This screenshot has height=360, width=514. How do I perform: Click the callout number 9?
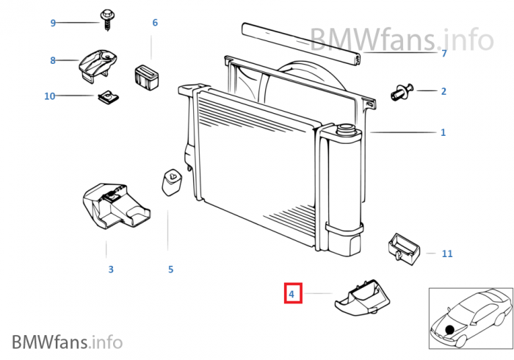tap(53, 23)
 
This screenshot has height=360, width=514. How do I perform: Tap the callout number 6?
tap(155, 23)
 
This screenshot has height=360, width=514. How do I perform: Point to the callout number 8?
tap(53, 60)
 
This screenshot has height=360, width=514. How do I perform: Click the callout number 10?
tap(50, 96)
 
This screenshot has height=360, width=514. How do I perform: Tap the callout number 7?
tap(444, 54)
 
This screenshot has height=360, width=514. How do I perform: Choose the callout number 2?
tap(444, 92)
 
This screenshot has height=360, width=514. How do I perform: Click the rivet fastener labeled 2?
tap(401, 93)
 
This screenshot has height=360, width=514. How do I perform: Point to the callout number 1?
tap(443, 133)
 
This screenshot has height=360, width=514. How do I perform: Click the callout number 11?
tap(447, 254)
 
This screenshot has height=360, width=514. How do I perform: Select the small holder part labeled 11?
tap(403, 247)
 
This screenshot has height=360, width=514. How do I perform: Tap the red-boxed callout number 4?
tap(292, 295)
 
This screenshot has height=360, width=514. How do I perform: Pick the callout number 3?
tap(111, 270)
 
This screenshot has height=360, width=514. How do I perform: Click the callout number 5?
tap(170, 270)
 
